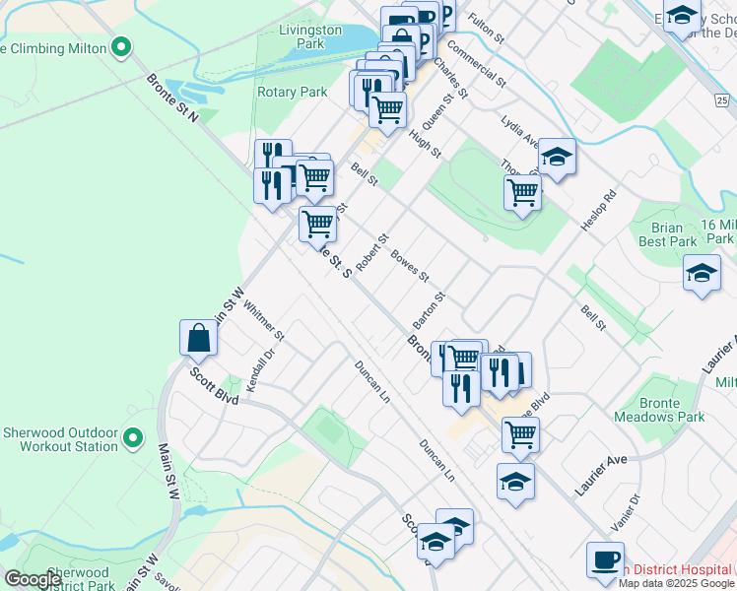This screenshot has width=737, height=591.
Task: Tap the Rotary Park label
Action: [292, 92]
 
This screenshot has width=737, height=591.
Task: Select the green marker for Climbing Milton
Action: [121, 46]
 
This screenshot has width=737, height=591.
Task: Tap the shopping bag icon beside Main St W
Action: [199, 338]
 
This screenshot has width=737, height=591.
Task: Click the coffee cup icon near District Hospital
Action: [605, 559]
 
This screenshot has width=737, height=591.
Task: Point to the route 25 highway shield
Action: [722, 100]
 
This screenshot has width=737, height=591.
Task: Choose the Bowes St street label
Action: [410, 266]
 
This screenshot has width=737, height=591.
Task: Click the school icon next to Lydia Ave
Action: [557, 158]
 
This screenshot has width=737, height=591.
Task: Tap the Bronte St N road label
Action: [172, 97]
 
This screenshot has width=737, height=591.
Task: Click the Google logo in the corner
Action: [33, 579]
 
